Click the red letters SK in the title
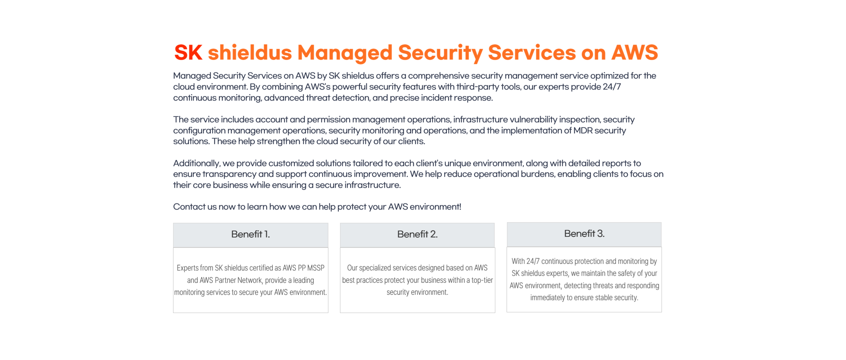[188, 52]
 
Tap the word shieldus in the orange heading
[250, 52]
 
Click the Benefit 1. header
[250, 234]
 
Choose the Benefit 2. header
[417, 234]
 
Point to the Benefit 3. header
[584, 234]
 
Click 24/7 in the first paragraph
[612, 87]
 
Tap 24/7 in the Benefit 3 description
[533, 261]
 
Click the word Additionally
[196, 163]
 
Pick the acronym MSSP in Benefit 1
[316, 268]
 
